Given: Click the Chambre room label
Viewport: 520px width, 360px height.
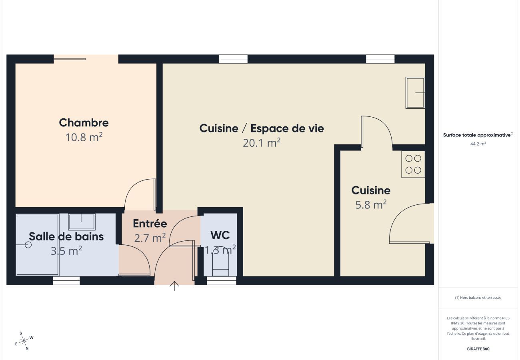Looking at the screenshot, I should (x=84, y=122).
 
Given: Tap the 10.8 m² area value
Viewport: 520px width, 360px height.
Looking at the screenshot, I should (x=84, y=137).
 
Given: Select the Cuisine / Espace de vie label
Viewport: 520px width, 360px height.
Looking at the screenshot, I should (x=262, y=128).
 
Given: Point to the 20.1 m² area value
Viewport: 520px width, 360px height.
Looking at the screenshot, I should (x=262, y=142).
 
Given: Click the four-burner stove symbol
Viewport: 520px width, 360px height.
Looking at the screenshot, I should (x=413, y=164).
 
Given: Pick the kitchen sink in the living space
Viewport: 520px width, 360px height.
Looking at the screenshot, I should (x=415, y=93).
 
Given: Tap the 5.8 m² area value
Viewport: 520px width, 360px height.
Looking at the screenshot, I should (x=371, y=205).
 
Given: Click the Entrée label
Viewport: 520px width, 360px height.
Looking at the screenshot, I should (x=150, y=224).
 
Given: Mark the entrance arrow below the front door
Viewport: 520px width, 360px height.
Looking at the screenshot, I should (x=174, y=286).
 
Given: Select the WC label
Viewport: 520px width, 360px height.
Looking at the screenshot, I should (x=220, y=235).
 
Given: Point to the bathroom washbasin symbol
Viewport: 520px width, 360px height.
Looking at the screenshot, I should (x=82, y=221).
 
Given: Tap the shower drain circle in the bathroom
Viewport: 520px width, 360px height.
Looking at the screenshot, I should (x=28, y=245).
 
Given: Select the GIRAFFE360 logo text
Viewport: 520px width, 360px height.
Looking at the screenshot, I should (x=478, y=349).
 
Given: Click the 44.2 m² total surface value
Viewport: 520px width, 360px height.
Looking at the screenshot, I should (x=478, y=144).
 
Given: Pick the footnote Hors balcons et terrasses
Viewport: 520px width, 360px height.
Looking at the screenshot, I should (x=478, y=298).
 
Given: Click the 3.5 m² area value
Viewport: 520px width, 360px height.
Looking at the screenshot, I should (x=66, y=251).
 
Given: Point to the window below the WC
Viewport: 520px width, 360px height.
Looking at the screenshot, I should (x=222, y=281).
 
